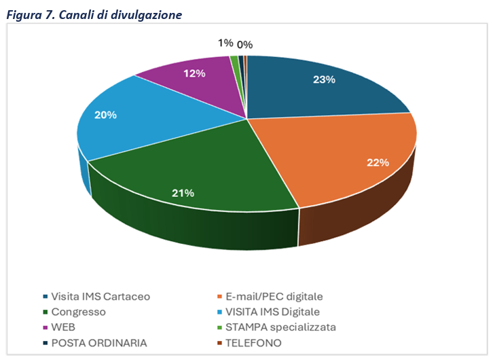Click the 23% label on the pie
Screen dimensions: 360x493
[324, 79]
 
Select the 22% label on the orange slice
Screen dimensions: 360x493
[378, 162]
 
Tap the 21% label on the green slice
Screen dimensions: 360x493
[183, 193]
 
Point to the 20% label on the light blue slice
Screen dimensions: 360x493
[106, 115]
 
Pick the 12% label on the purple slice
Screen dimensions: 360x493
[195, 73]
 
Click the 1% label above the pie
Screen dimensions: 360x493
[225, 43]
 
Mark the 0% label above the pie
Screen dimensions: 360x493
[245, 45]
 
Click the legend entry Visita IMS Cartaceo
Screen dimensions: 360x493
[101, 296]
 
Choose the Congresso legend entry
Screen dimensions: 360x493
[79, 312]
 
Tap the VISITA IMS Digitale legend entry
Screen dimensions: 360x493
[273, 312]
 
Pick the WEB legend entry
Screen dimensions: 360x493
[65, 327]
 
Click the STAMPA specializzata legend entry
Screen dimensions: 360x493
[280, 327]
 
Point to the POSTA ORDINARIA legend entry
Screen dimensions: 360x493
[96, 343]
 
